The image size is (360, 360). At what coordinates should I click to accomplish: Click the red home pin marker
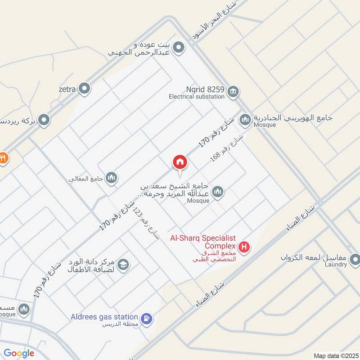click(x=180, y=162)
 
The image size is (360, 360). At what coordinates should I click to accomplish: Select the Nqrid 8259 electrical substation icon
click(x=233, y=91)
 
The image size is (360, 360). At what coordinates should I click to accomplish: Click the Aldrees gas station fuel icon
click(x=146, y=319)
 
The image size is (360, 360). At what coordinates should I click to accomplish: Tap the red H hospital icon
click(x=244, y=247)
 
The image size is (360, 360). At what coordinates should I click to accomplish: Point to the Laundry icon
click(x=355, y=259)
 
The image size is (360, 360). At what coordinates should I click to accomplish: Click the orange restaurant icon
click(x=3, y=158)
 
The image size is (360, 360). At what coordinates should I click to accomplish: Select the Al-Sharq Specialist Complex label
click(x=202, y=242)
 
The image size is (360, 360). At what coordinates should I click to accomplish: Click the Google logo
click(x=19, y=353)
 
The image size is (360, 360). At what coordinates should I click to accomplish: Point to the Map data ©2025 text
click(x=335, y=355)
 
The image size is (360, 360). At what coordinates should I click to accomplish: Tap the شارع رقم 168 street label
click(x=227, y=148)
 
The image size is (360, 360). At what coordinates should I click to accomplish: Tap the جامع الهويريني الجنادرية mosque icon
click(x=245, y=119)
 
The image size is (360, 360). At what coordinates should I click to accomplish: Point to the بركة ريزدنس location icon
click(x=44, y=120)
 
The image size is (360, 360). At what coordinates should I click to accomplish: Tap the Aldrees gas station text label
click(x=104, y=317)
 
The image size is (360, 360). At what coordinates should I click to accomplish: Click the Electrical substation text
click(x=196, y=96)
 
